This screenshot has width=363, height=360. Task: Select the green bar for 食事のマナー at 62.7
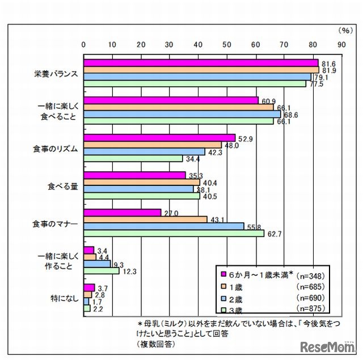click(x=173, y=233)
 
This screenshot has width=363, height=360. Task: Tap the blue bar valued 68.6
click(x=181, y=115)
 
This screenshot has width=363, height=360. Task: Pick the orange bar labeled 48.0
click(x=152, y=145)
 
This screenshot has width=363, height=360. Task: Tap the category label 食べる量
click(x=62, y=185)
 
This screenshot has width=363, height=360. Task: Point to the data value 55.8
click(x=253, y=226)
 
